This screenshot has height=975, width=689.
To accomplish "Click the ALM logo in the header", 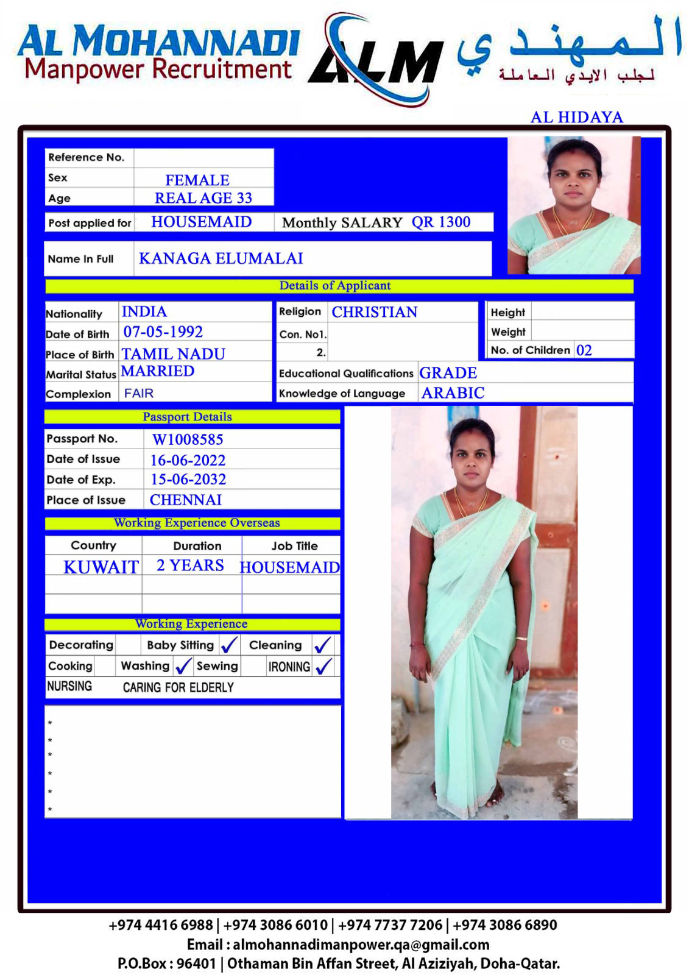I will pos(376,60).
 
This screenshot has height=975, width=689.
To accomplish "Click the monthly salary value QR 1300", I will pos(440,222).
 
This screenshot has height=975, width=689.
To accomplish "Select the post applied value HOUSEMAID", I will pos(201,222).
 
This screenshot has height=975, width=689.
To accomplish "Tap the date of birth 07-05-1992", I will pos(163,332).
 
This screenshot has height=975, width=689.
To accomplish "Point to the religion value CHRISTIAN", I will pos(374,312).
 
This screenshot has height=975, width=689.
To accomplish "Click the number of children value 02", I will pos(584,350).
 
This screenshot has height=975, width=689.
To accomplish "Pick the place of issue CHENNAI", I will pos(186,500).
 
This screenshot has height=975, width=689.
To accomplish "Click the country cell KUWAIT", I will pos(101,567).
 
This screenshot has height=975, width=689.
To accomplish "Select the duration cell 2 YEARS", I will pos(190,565).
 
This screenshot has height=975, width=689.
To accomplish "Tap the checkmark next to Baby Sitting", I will pos(230,645).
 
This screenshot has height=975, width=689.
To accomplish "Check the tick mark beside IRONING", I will pos(324,666).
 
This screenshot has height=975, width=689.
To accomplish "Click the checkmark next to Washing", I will pos(183,666).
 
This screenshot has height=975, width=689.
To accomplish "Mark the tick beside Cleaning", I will pos(322,645).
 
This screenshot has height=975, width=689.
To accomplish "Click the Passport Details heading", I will pos(187,417).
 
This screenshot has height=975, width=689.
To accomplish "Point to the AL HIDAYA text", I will pos(576,117).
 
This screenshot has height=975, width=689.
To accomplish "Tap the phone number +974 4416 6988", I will pos(161,925).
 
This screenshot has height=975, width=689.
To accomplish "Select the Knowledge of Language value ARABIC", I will pos(453,393).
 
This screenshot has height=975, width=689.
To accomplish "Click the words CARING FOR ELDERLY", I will pos(178,687).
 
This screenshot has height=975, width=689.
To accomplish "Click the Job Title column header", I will pos(294,546).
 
